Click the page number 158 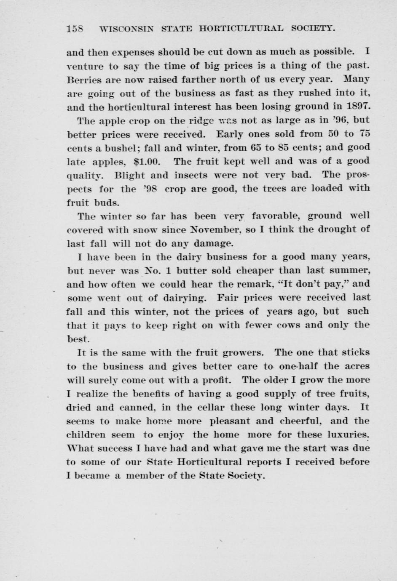coord(75,29)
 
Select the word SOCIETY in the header coord(314,29)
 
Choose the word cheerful coord(299,421)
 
